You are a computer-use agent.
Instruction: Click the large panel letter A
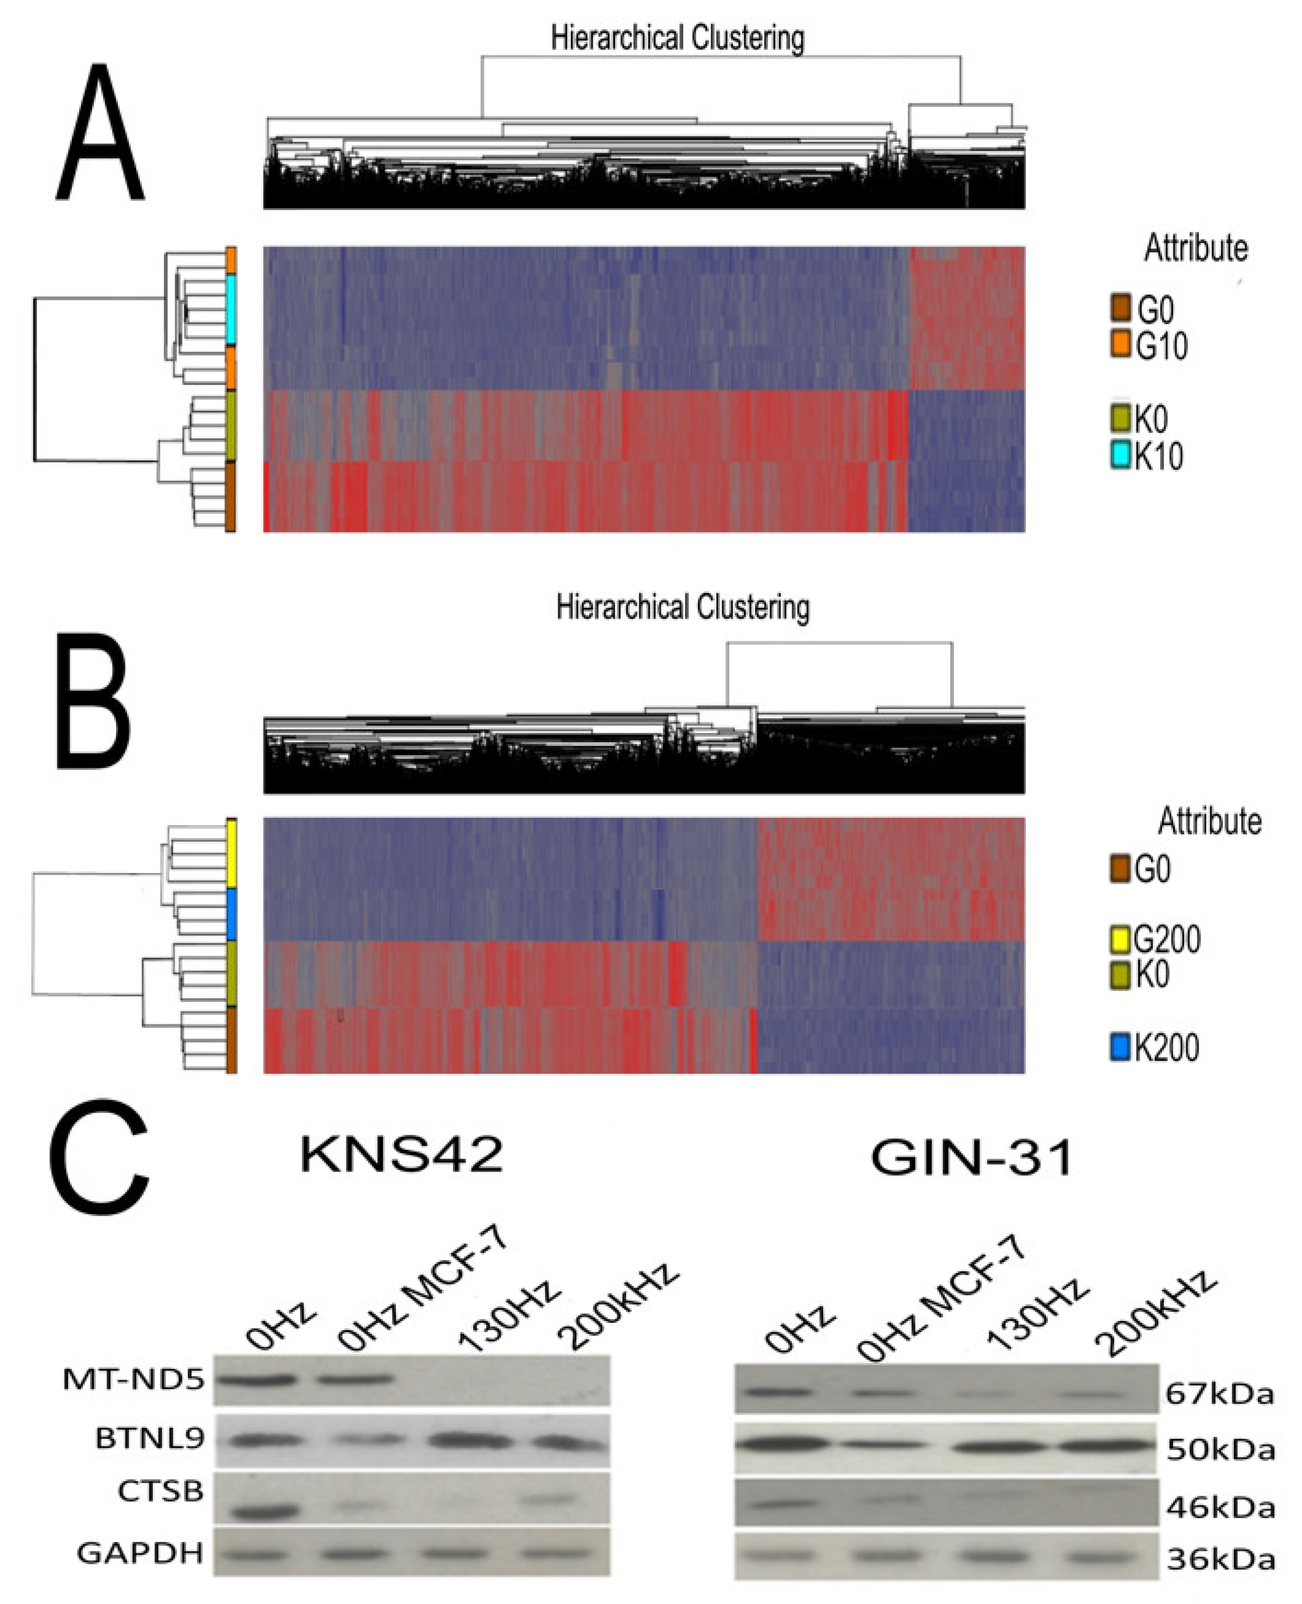coord(100,133)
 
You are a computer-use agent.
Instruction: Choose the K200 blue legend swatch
coord(1120,1046)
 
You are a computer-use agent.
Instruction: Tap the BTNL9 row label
coord(149,1438)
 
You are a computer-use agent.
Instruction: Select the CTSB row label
coord(161,1492)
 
